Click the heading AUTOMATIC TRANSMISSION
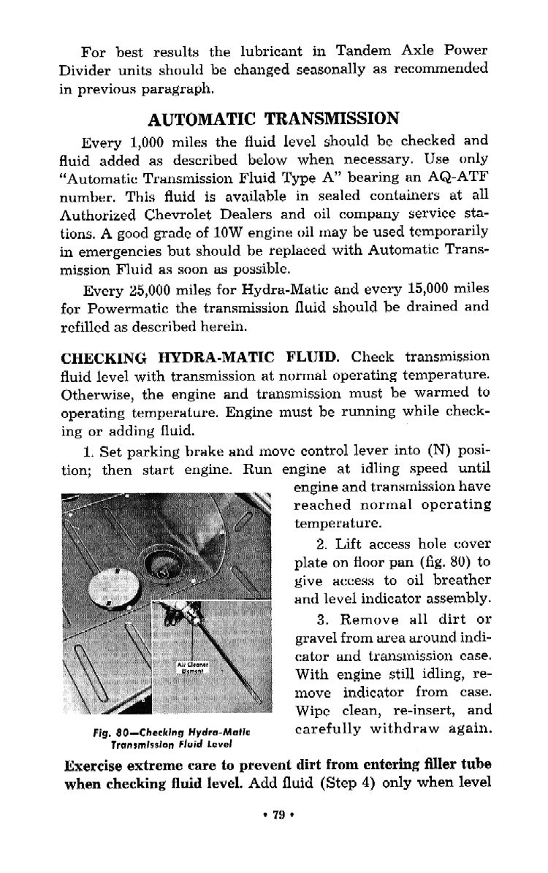(273, 118)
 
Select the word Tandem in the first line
(363, 51)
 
